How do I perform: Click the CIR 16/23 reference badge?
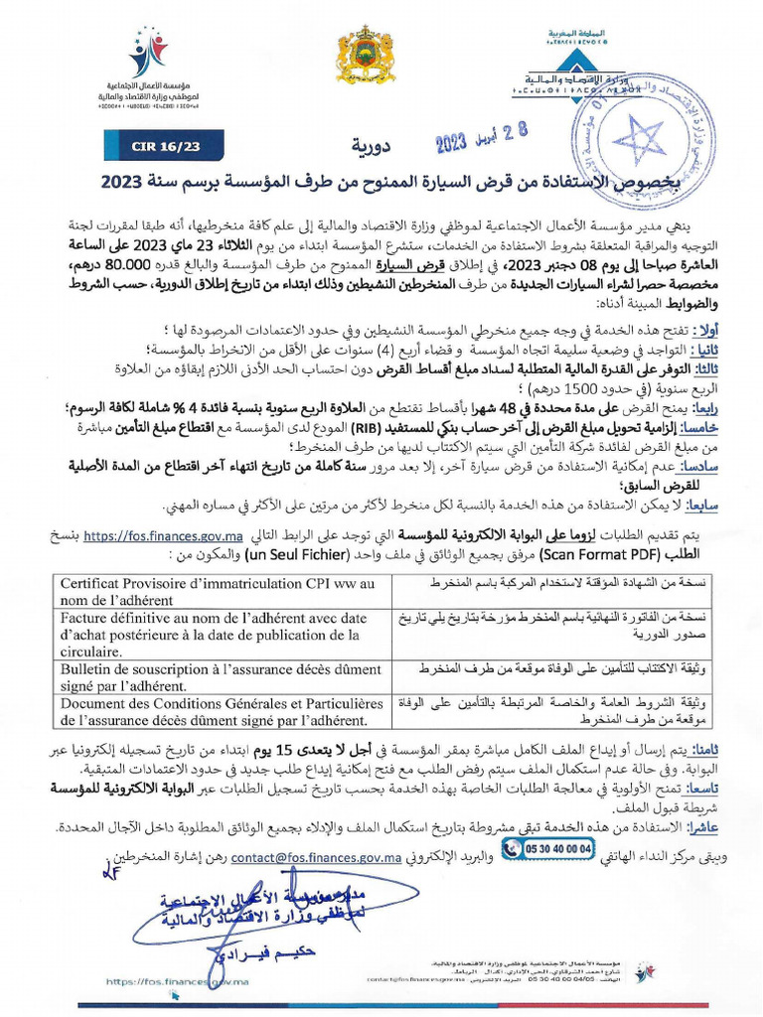click(x=165, y=147)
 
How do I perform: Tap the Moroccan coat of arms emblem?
click(x=367, y=57)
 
